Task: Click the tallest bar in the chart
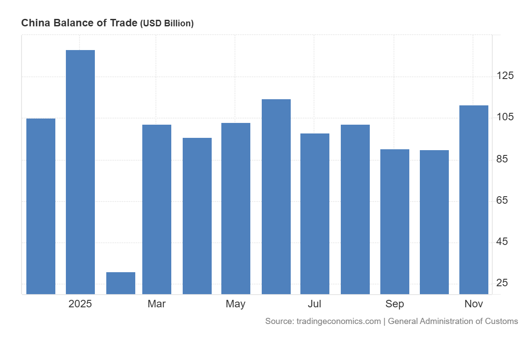[x=80, y=172]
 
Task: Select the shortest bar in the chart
[x=121, y=283]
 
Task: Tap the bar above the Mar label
[x=157, y=209]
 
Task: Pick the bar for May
[x=236, y=208]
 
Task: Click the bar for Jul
[x=315, y=213]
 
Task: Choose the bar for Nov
[x=474, y=199]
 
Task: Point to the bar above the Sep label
[x=395, y=221]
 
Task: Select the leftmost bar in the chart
[x=41, y=206]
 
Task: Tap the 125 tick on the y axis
[x=505, y=76]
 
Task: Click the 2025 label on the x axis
[x=80, y=304]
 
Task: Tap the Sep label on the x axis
[x=395, y=304]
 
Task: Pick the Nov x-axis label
[x=474, y=304]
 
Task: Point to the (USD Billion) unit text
[x=167, y=24]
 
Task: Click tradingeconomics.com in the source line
[x=339, y=321]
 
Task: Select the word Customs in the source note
[x=502, y=321]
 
